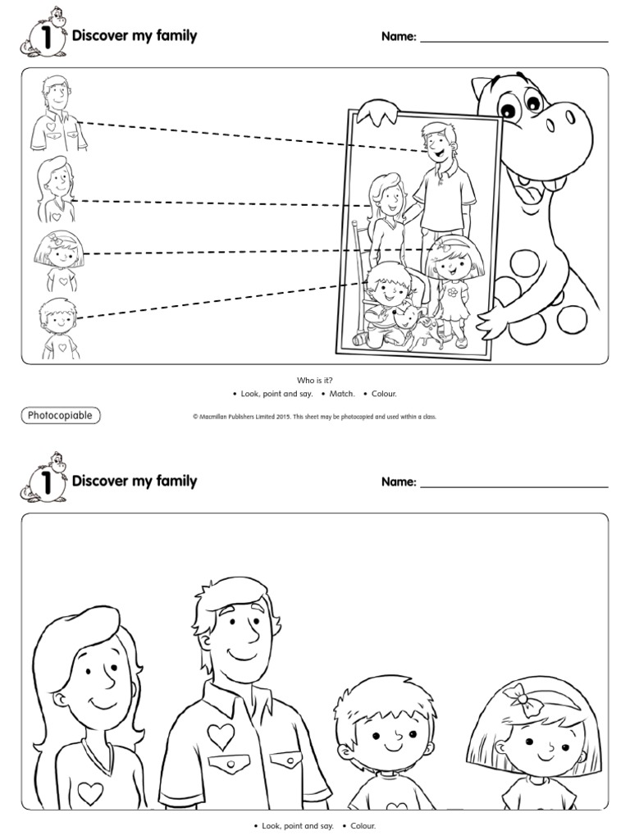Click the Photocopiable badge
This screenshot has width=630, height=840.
coord(60,415)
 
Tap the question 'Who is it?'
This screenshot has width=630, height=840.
coord(315,380)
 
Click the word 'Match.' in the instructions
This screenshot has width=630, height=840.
coord(341,394)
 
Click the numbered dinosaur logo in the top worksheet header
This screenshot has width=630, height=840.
coord(43,36)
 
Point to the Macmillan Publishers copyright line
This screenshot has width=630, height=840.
coord(314,417)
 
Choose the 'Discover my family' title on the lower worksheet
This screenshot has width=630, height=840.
coord(135,481)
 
